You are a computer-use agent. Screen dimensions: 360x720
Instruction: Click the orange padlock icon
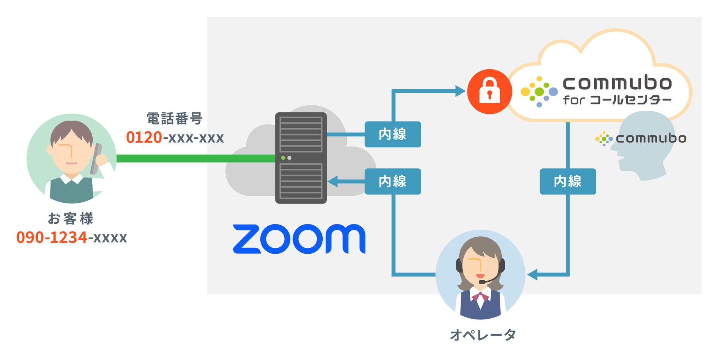489,91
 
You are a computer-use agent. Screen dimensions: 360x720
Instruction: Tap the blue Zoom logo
299,239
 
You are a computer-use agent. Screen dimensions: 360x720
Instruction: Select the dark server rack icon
301,158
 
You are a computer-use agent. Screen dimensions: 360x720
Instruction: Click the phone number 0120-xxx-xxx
175,137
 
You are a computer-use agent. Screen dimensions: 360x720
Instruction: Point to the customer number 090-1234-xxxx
71,237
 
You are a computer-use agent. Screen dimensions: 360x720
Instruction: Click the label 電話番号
175,119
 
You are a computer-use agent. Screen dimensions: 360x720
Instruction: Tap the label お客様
71,219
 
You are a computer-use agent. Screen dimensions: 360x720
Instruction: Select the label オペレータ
483,335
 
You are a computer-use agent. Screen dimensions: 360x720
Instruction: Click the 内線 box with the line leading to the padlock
392,134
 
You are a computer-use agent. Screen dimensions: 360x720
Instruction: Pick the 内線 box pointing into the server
392,181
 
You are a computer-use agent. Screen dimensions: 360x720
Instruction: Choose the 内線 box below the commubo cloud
568,181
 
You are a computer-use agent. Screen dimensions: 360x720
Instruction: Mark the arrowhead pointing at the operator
532,275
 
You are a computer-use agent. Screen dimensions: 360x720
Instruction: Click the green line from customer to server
196,158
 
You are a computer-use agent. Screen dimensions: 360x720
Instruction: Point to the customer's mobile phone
96,159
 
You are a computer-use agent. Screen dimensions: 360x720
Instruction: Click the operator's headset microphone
482,282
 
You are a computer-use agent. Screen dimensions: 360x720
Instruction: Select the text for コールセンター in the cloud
617,100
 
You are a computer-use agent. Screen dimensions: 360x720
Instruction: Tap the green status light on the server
283,158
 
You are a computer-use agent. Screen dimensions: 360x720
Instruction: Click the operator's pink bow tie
480,296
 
